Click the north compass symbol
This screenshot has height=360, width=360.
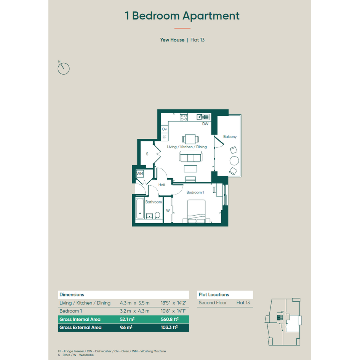click(64, 69)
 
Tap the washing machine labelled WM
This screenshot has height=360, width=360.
click(139, 174)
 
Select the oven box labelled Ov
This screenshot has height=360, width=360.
click(165, 129)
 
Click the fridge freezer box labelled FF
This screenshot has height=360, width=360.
click(165, 137)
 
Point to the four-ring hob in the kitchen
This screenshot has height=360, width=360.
click(184, 117)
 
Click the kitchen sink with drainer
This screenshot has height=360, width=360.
click(203, 117)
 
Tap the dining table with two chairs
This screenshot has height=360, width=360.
click(190, 139)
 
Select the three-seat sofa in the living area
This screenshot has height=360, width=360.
click(190, 157)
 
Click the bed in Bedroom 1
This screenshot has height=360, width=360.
click(196, 211)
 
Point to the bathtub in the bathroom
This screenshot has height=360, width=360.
click(140, 209)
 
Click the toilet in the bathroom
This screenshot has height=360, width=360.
click(157, 215)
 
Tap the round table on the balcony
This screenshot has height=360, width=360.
click(234, 160)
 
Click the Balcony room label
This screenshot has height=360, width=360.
click(230, 137)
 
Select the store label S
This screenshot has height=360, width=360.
click(147, 154)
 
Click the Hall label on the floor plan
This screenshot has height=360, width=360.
click(162, 185)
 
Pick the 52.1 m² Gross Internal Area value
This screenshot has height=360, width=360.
click(127, 319)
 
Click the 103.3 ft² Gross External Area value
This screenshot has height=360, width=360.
click(169, 327)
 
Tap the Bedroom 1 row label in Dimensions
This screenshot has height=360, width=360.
click(71, 311)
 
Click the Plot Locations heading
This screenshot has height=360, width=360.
click(214, 294)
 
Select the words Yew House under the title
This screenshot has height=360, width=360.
click(172, 40)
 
